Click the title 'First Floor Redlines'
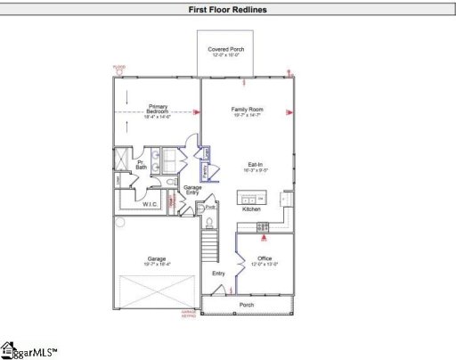(227, 11)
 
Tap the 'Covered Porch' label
(226, 50)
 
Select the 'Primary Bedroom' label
(158, 110)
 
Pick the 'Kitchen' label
(252, 209)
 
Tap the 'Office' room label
(265, 258)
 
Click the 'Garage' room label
(155, 258)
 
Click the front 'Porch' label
(247, 306)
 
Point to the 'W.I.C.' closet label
(151, 204)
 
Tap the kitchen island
(252, 198)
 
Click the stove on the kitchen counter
(263, 225)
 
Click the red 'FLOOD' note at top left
(120, 68)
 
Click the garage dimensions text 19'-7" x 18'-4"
(155, 264)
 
